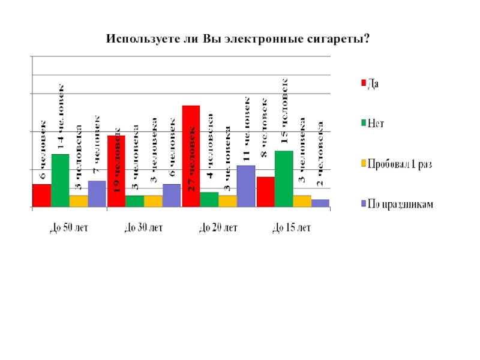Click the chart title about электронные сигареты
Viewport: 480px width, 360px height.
tap(238, 39)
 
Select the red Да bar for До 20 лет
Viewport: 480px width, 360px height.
tap(191, 156)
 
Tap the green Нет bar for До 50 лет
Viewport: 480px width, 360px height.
tap(60, 180)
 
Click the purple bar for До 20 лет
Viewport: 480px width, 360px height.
tap(246, 186)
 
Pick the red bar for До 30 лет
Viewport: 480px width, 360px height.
tap(116, 171)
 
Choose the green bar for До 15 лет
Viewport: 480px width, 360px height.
tap(284, 179)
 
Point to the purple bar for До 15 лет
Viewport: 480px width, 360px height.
tap(321, 203)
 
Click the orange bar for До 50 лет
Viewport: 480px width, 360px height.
tap(79, 201)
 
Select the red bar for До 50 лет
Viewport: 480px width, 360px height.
tap(41, 195)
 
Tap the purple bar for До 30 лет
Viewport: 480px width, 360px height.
tap(172, 195)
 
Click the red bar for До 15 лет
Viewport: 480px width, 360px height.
tap(265, 191)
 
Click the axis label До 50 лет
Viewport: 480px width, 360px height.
tap(69, 228)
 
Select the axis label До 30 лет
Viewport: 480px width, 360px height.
tap(143, 228)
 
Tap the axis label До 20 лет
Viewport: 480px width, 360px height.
tap(218, 228)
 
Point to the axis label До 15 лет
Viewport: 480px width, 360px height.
tap(292, 228)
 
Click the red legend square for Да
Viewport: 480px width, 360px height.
tap(362, 83)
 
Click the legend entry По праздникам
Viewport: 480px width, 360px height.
tap(401, 204)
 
